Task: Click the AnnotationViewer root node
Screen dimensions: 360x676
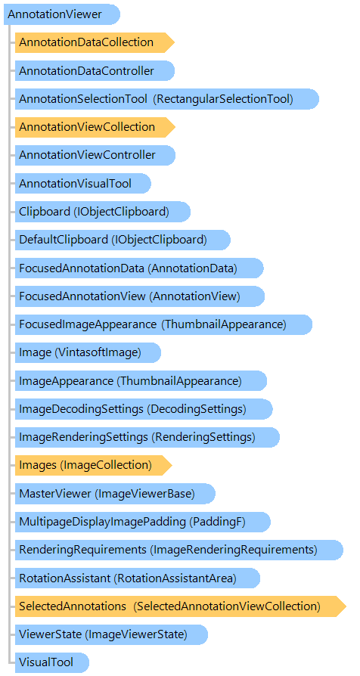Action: click(62, 14)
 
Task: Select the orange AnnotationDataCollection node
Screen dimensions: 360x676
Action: click(95, 42)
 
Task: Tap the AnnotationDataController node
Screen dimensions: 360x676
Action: click(95, 71)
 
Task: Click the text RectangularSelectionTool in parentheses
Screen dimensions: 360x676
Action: click(225, 99)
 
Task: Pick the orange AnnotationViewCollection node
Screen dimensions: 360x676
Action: click(95, 127)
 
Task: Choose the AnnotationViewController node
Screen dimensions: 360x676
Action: click(95, 155)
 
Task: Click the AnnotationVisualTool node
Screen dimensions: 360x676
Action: click(82, 184)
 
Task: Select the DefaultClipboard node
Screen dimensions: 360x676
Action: click(123, 240)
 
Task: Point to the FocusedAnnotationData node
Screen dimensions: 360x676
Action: click(139, 268)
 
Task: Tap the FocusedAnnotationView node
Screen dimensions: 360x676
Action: click(140, 296)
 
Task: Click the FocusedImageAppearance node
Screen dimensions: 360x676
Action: click(164, 324)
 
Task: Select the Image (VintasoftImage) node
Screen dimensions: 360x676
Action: click(88, 352)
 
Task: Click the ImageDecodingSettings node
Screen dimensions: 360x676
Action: click(144, 409)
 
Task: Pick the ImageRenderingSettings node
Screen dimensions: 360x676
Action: click(147, 437)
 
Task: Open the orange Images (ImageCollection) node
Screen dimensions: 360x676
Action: click(94, 465)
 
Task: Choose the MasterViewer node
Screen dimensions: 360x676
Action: click(115, 494)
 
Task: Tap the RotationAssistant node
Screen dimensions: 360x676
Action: click(138, 578)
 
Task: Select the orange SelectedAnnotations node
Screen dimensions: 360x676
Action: click(181, 606)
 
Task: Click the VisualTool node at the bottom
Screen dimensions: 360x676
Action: click(52, 662)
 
